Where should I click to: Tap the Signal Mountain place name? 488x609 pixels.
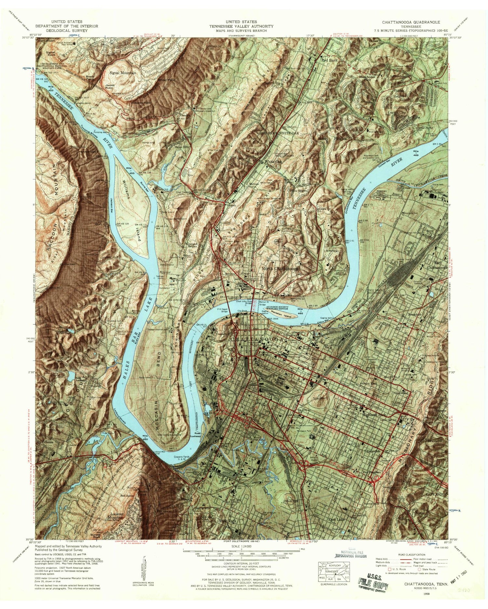coord(123,73)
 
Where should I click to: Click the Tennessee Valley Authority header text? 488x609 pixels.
coord(241,26)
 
